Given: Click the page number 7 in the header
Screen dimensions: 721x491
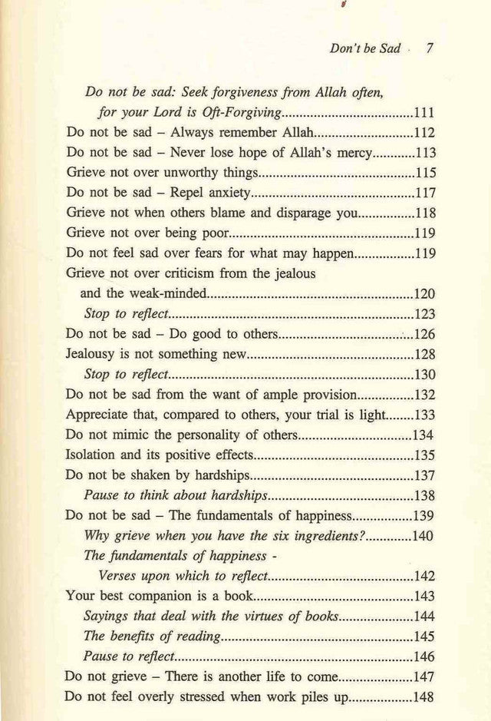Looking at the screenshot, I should point(430,48).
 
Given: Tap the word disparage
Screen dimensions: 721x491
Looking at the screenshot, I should point(288,212).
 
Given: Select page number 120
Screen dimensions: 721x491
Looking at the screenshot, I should point(424,293).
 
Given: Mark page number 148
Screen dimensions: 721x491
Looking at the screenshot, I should point(424,698).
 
